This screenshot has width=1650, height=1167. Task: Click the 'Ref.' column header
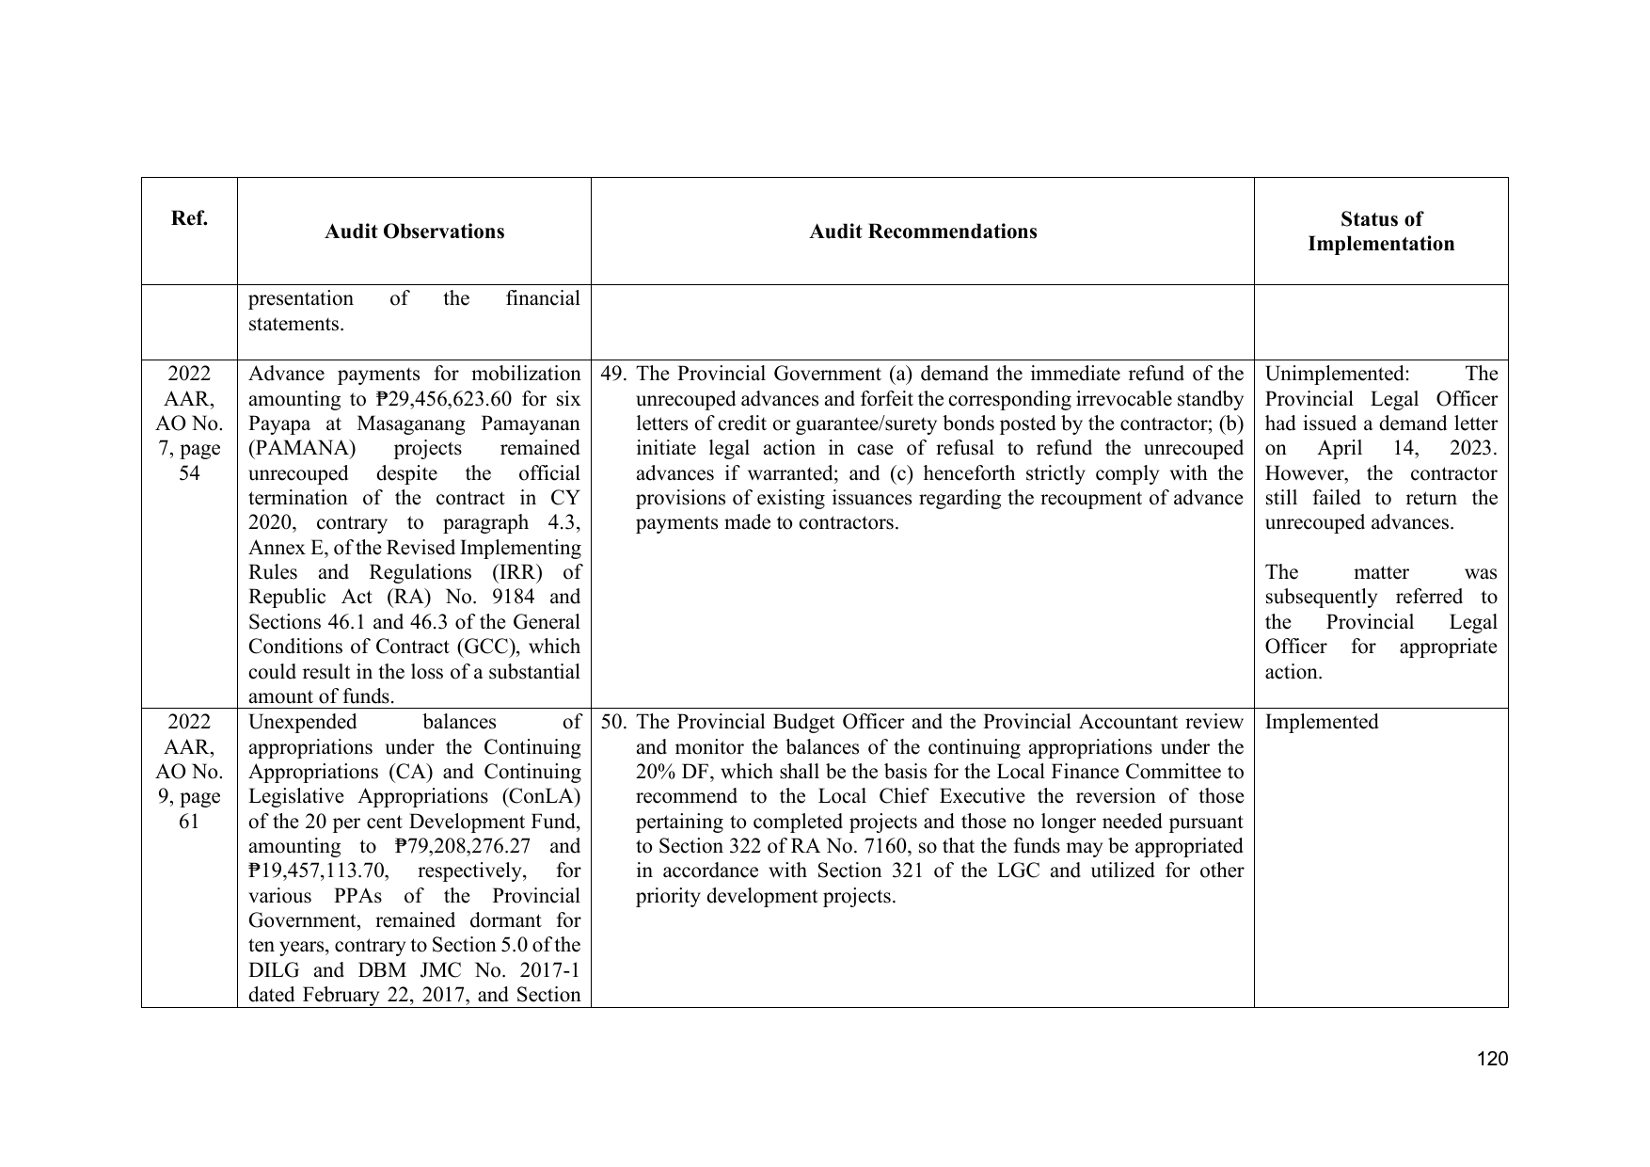189,219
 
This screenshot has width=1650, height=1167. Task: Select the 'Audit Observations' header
414,232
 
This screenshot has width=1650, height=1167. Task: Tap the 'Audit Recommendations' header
923,232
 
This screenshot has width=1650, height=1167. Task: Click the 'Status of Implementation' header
1380,232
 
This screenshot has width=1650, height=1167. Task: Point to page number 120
1492,1059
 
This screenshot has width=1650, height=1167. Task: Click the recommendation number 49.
613,374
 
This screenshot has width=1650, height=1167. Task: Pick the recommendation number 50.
613,722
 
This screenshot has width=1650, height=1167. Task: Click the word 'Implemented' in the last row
1321,722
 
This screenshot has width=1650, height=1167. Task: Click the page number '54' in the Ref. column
189,472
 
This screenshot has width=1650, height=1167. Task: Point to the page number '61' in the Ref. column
189,821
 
